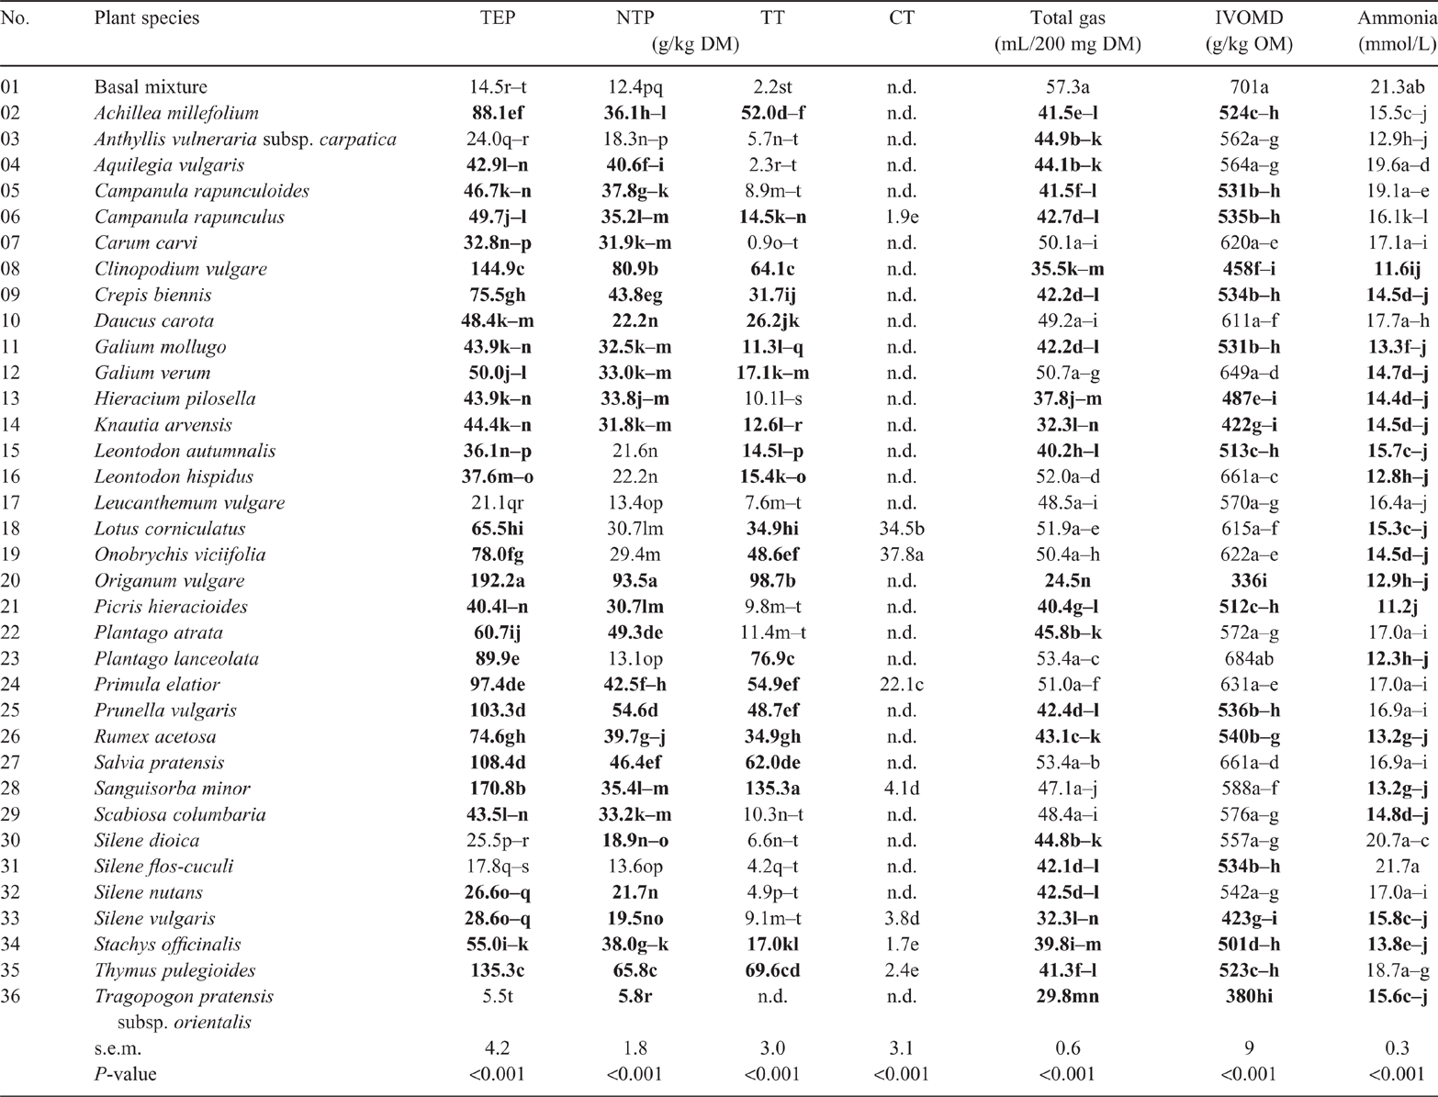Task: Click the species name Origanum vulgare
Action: pos(169,581)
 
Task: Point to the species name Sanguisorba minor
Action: pos(173,789)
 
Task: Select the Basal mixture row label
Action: pos(151,87)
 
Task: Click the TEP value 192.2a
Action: pos(498,581)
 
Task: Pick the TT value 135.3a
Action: pos(773,789)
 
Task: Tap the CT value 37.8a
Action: pos(902,554)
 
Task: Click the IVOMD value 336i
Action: pos(1249,581)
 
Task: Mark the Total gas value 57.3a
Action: pos(1068,87)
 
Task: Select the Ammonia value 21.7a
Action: pos(1398,867)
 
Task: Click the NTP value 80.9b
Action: pos(635,269)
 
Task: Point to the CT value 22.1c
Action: pos(902,685)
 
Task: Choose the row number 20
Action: pos(10,581)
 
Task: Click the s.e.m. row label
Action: pos(118,1048)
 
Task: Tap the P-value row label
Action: pos(125,1075)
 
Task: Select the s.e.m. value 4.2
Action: pos(498,1048)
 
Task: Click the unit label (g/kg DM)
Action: pos(694,45)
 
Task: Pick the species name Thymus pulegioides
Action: pos(174,970)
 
